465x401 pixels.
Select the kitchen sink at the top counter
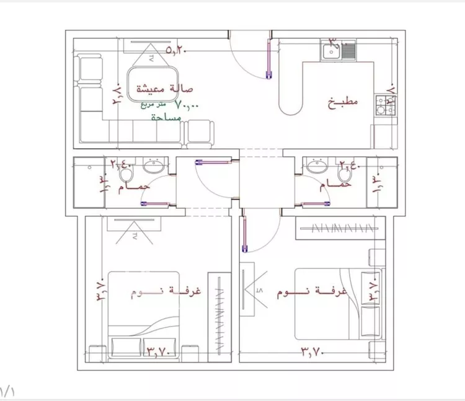coord(338,50)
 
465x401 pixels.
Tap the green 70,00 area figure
coord(187,105)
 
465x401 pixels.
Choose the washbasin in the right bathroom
coord(316,166)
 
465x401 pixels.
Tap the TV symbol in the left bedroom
coord(133,232)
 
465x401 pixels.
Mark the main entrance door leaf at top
coord(268,60)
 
